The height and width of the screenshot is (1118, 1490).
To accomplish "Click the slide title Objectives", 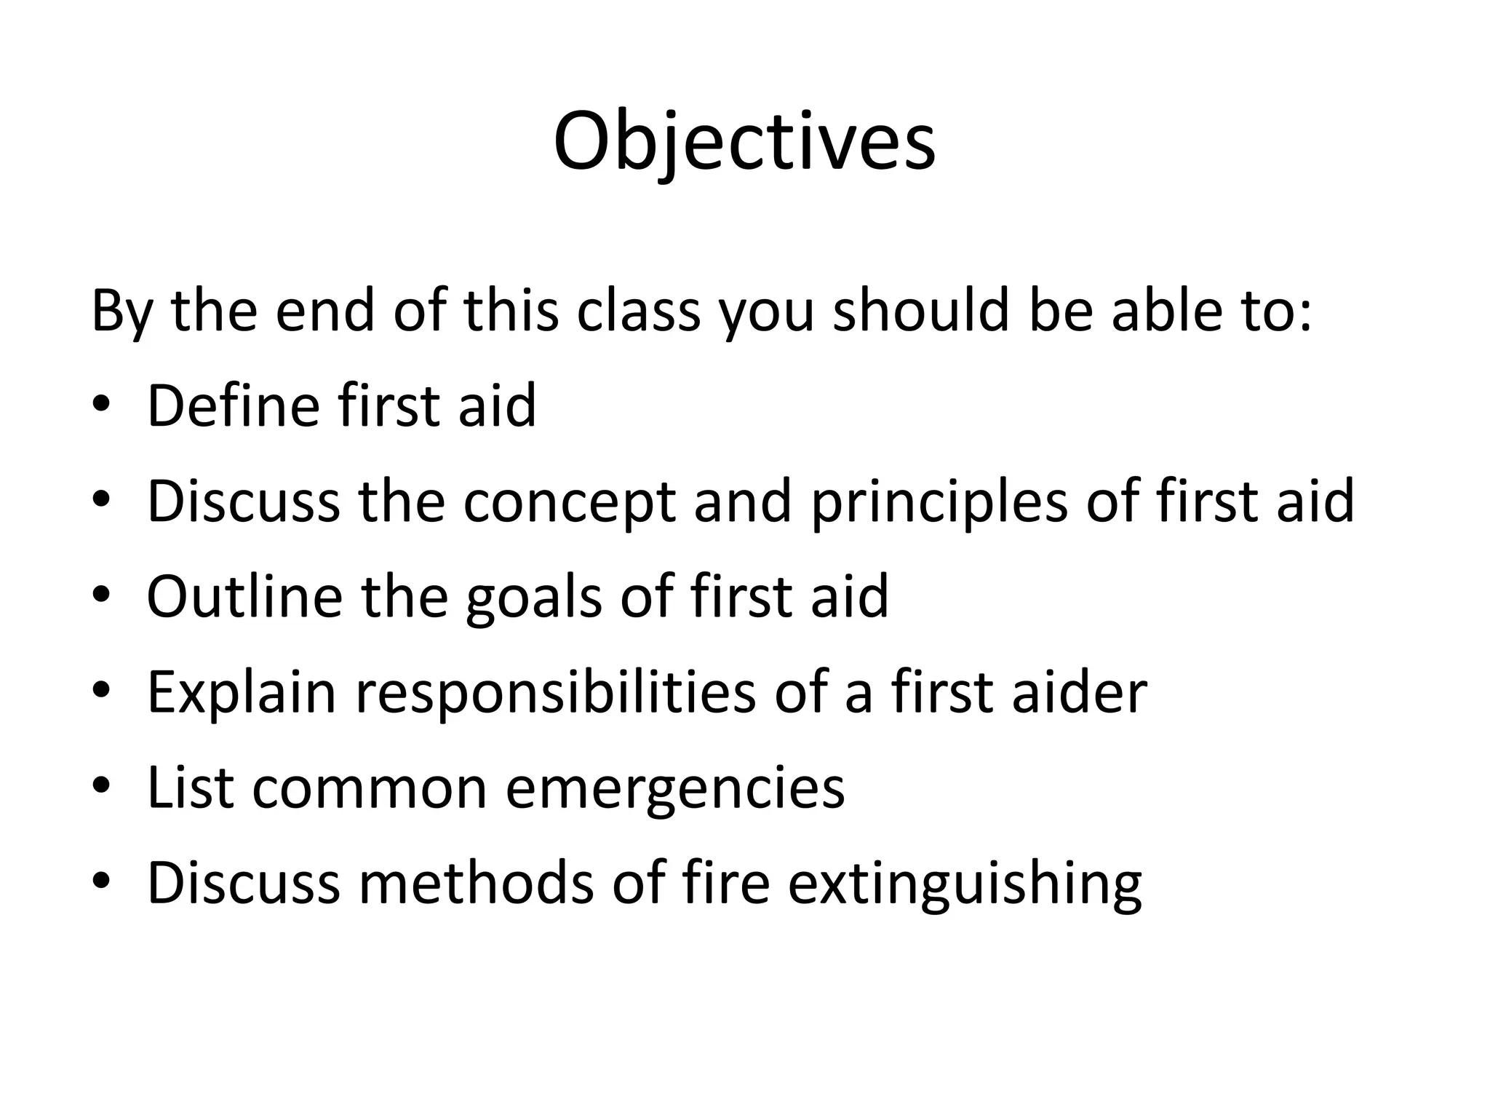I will click(x=744, y=142).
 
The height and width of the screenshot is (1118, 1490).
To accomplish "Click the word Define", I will click(x=233, y=405).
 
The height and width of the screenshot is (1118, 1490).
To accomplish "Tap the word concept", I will click(x=570, y=501).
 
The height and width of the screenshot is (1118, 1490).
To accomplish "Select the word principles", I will click(x=939, y=501).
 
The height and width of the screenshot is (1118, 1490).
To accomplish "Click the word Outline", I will click(x=244, y=597).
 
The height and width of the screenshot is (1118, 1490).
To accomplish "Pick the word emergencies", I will click(x=674, y=789).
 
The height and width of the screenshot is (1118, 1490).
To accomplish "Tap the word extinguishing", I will click(x=964, y=884).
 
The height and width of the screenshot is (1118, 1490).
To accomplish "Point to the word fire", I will click(x=725, y=883).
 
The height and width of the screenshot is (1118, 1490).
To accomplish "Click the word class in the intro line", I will click(x=638, y=311).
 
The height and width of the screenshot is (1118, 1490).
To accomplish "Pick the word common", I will click(x=369, y=789).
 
